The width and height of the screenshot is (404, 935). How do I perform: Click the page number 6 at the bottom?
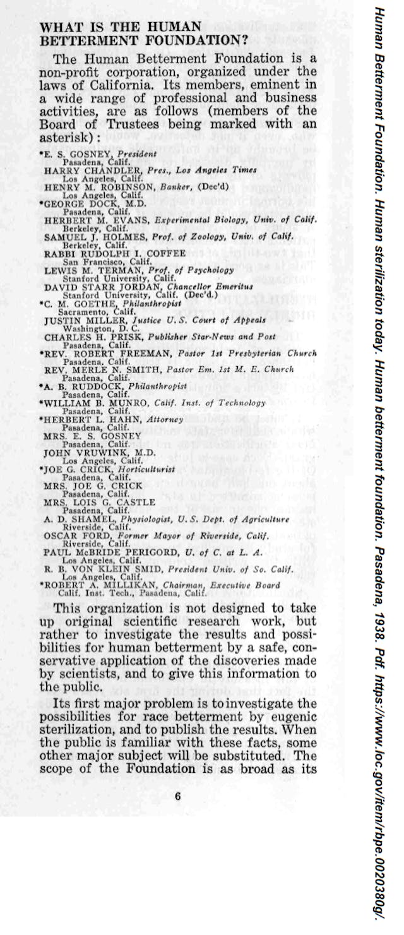coord(177,796)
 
